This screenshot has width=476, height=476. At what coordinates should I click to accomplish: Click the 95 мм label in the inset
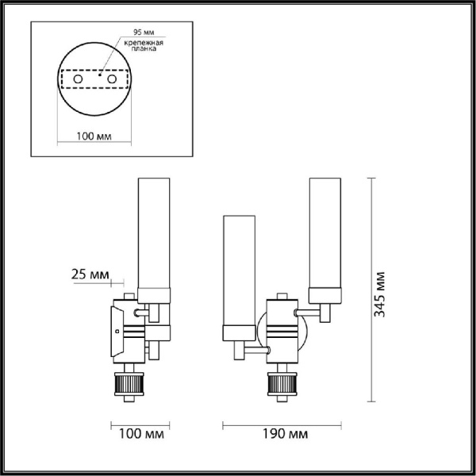[133, 33]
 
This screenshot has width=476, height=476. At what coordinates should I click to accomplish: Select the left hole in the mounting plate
[77, 81]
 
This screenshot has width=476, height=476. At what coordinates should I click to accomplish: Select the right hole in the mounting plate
[111, 81]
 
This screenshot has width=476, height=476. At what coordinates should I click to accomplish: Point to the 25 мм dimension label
[90, 274]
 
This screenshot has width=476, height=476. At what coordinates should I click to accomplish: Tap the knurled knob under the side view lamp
[129, 385]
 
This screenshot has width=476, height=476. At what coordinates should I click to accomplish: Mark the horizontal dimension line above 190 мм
[282, 422]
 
